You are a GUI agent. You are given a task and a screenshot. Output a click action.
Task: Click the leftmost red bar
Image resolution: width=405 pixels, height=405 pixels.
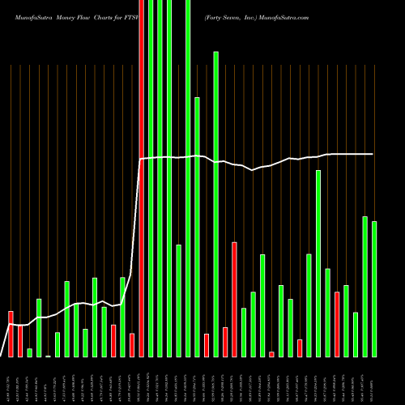pos(11,334)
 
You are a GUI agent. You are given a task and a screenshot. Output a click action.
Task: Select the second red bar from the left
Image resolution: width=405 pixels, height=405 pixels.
pos(20,341)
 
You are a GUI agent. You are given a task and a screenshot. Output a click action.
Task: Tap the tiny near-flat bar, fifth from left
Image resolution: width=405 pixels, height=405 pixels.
pos(48,356)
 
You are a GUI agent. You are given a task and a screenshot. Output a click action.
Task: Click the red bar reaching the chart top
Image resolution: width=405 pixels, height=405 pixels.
pos(142,178)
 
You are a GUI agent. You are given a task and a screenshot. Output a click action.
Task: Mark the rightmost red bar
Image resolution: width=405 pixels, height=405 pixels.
pos(337,324)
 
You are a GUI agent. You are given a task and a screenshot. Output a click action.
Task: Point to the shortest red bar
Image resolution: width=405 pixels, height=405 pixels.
pos(271,354)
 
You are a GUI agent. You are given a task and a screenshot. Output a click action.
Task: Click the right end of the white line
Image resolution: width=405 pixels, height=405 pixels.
pos(373,154)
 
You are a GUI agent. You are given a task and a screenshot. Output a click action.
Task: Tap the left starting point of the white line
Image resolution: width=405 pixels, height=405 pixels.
pos(9,324)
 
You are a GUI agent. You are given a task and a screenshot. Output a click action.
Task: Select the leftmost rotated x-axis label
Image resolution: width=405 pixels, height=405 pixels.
pos(11,380)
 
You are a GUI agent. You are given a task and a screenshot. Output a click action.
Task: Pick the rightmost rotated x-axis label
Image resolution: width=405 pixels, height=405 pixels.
pos(374,380)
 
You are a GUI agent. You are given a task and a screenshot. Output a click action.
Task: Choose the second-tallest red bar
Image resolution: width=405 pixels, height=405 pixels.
pos(234,299)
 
